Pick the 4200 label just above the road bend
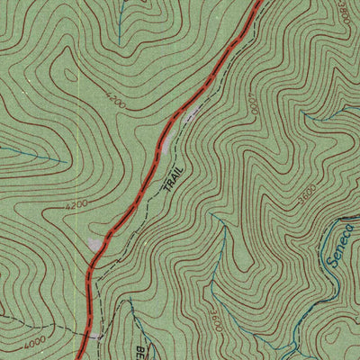coord(76,206)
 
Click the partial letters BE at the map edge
coord(140,350)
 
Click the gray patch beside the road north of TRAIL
coord(192,114)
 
